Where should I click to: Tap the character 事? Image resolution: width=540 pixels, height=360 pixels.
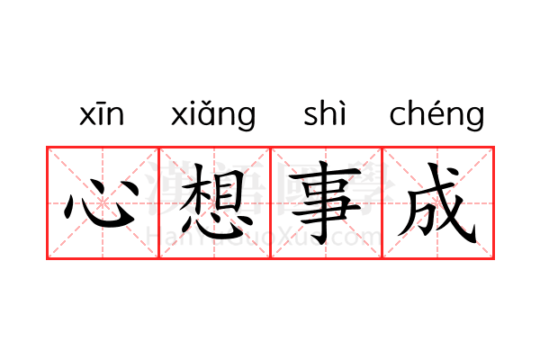(325, 202)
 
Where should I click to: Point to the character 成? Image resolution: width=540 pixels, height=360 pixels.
(437, 203)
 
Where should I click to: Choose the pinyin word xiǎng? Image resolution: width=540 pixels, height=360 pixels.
(213, 114)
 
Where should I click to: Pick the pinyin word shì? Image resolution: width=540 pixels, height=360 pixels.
(324, 112)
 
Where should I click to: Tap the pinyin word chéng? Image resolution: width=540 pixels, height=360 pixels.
(436, 114)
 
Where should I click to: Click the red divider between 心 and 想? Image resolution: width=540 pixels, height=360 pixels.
(158, 202)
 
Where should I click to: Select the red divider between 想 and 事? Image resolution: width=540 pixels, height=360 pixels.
(271, 202)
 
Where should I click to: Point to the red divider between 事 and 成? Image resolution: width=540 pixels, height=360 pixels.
(382, 202)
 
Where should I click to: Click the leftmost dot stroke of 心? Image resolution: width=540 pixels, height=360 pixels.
(69, 207)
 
